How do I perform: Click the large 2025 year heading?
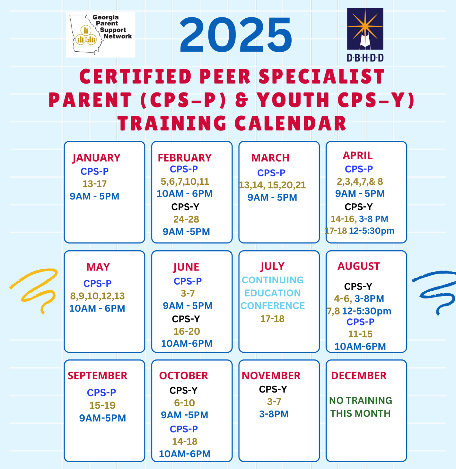click(x=235, y=35)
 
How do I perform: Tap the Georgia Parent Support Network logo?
click(x=100, y=34)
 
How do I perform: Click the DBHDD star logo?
click(x=365, y=29)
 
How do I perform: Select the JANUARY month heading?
click(x=96, y=158)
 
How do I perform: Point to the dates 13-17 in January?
click(x=94, y=184)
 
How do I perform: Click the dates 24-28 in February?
click(x=186, y=219)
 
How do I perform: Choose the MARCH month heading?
click(x=270, y=158)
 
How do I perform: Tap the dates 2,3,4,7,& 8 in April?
click(x=359, y=181)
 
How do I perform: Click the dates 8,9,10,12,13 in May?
click(x=97, y=296)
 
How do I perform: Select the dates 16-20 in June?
click(x=187, y=331)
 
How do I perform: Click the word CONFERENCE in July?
click(x=272, y=306)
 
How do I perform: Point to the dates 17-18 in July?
click(x=272, y=319)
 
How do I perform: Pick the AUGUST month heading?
click(x=359, y=266)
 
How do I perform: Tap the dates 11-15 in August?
click(x=360, y=334)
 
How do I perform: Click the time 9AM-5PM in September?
click(x=102, y=418)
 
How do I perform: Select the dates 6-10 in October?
click(x=184, y=403)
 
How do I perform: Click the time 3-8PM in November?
click(x=274, y=414)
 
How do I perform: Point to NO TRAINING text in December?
click(x=360, y=400)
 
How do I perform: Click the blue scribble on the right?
click(x=435, y=290)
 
